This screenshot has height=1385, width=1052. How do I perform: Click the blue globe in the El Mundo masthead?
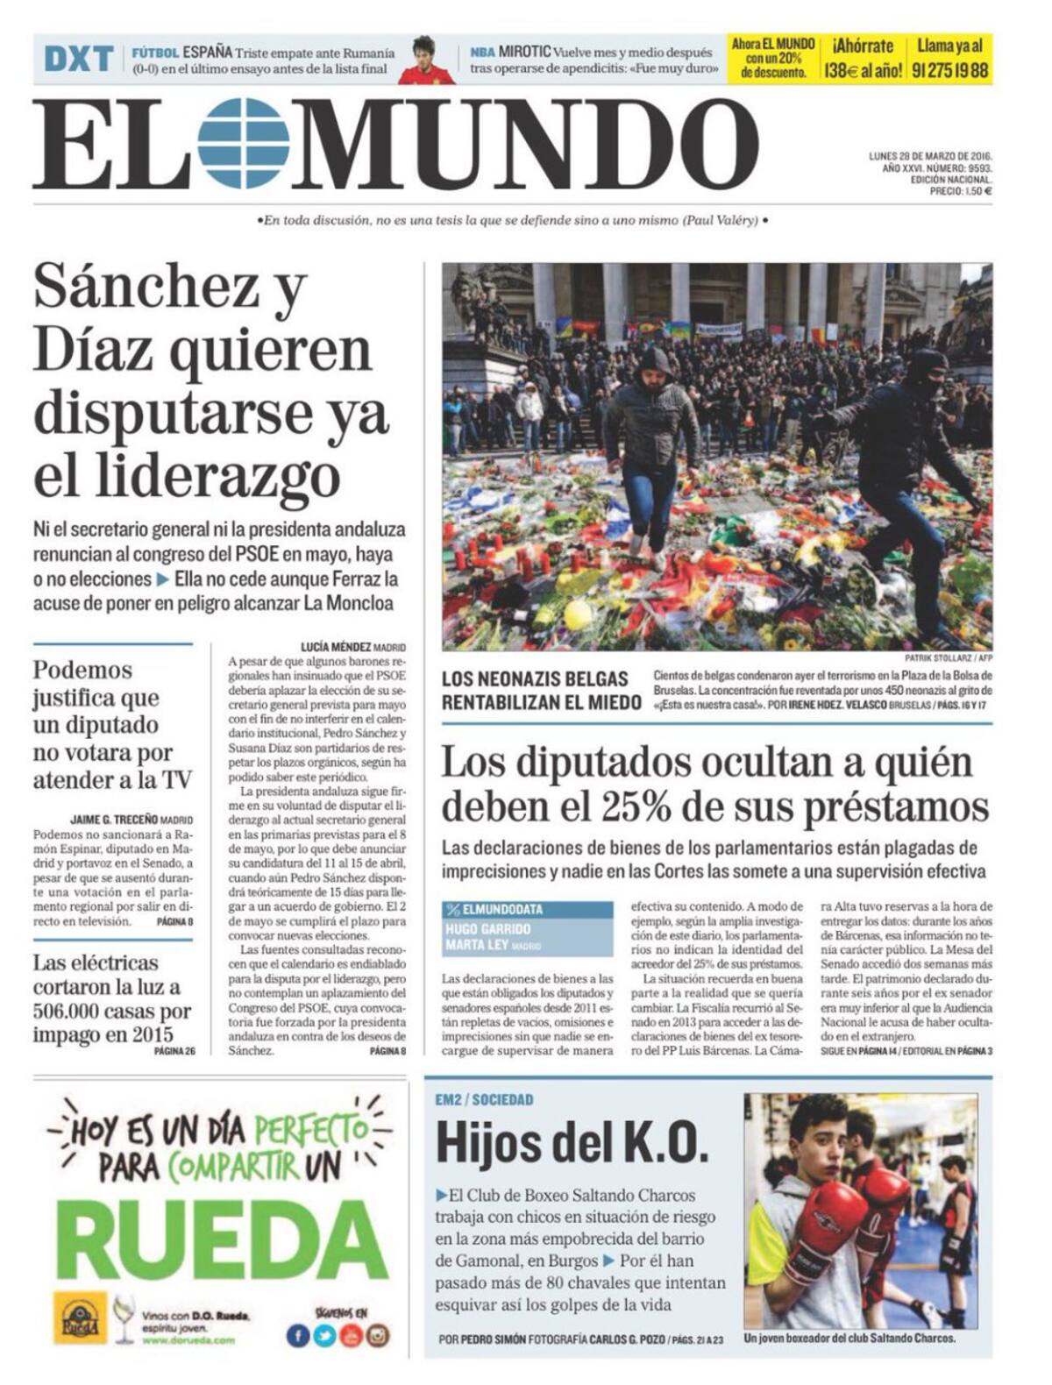pyautogui.click(x=243, y=145)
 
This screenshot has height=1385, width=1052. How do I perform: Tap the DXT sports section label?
pyautogui.click(x=79, y=60)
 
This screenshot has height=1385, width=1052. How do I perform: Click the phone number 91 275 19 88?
pyautogui.click(x=950, y=71)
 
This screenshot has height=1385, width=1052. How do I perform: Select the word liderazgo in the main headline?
pyautogui.click(x=186, y=478)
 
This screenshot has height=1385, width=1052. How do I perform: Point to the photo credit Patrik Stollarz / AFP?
pyautogui.click(x=949, y=659)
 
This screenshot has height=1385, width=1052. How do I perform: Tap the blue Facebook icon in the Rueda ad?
pyautogui.click(x=298, y=1335)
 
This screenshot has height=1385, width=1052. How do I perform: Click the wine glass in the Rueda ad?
pyautogui.click(x=124, y=1318)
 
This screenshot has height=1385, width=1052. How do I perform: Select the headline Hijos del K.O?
pyautogui.click(x=572, y=1142)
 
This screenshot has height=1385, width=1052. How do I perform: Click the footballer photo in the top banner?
pyautogui.click(x=426, y=60)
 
